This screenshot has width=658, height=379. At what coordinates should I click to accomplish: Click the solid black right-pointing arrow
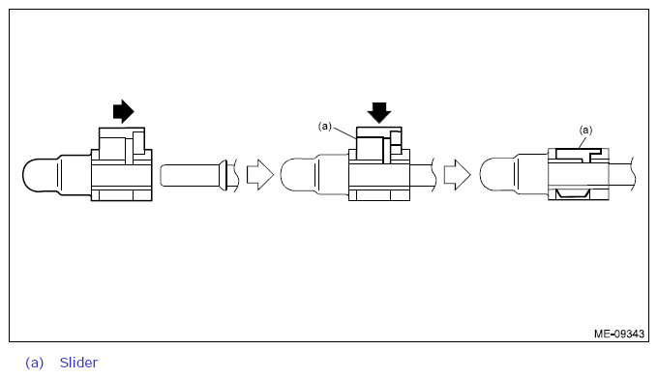coord(123,111)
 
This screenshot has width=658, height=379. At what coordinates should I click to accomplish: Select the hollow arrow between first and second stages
coord(259,175)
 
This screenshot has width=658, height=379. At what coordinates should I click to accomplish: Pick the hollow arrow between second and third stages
coord(457,175)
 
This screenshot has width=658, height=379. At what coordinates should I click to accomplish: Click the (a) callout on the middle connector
coord(326,126)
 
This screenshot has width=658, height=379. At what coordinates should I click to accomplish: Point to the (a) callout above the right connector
coord(585,129)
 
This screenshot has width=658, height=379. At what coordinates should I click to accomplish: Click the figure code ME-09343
coord(619,334)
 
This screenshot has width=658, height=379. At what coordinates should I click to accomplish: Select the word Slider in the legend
coord(78,363)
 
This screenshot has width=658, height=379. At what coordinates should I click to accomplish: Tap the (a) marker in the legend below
coord(35,363)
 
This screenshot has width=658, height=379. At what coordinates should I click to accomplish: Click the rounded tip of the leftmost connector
coord(34,175)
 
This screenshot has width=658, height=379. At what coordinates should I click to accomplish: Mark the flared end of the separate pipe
coord(223,175)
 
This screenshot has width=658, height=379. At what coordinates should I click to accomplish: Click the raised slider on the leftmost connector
coord(123,142)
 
